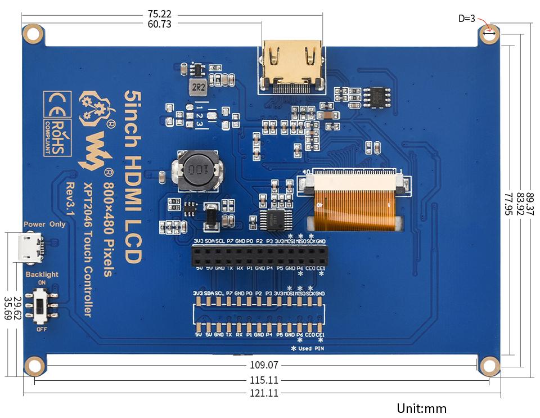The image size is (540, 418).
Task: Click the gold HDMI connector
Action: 291,66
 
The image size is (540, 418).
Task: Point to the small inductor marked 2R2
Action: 197,88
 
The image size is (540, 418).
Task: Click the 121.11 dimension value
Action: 264,393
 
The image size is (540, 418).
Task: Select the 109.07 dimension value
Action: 264,365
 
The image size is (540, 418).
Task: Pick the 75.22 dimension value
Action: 159,14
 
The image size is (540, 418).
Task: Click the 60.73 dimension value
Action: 159,24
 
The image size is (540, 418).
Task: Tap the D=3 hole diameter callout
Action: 466,19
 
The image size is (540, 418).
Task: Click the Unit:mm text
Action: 421,408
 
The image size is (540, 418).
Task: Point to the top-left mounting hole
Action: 34,34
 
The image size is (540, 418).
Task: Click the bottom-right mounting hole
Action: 489,366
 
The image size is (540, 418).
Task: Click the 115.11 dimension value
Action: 264,380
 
